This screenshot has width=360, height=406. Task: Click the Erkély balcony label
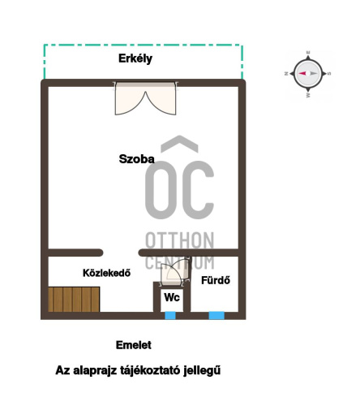tap(135, 58)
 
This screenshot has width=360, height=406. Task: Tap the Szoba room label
tap(137, 159)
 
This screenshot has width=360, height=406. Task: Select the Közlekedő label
tap(106, 273)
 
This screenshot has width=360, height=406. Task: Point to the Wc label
tap(172, 297)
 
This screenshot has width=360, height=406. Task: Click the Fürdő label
tap(216, 280)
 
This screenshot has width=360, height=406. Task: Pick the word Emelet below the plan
tap(134, 345)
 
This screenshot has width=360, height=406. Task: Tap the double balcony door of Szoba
tap(146, 99)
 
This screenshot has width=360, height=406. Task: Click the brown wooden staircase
tap(74, 300)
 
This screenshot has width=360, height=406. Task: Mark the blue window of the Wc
tap(170, 315)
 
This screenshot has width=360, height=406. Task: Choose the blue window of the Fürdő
tap(216, 315)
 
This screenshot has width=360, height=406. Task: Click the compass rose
tap(308, 73)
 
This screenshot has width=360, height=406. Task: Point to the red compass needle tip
tap(298, 73)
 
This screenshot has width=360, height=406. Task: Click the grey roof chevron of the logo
tap(179, 143)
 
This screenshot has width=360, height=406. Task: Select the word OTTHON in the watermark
tap(180, 240)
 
